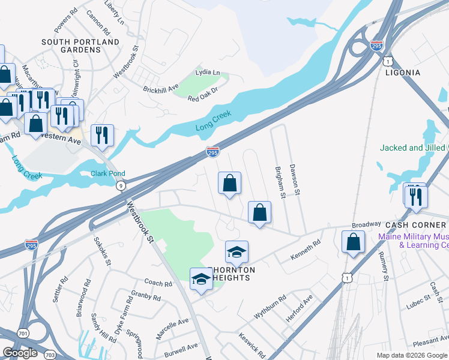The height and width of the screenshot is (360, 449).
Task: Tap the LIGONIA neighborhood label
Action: click(408, 73)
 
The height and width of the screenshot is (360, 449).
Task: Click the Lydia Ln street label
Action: click(208, 72)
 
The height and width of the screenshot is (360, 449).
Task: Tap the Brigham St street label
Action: click(279, 182)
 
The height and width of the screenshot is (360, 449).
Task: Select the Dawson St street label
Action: click(294, 179)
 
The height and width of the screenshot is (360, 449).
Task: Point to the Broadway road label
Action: click(366, 224)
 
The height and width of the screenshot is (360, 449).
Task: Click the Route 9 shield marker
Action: click(122, 186)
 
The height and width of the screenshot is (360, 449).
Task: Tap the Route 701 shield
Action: click(23, 332)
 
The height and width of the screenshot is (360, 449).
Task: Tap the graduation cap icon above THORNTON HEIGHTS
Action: click(237, 252)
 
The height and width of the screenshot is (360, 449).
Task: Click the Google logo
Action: click(20, 353)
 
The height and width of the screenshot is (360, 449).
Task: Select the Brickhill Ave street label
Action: click(161, 88)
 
